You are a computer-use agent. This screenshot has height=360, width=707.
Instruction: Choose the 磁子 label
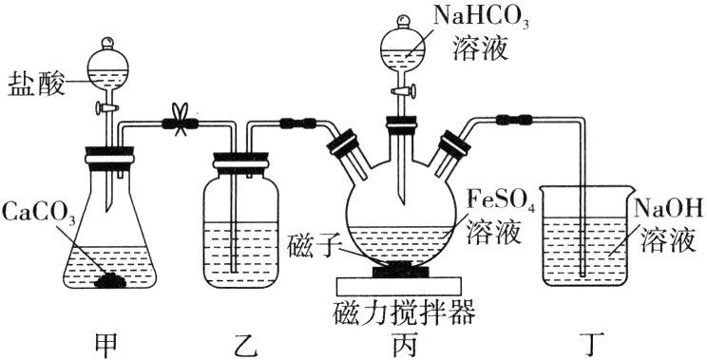pyautogui.click(x=311, y=249)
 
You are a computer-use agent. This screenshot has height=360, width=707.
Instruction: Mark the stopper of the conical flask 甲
pyautogui.click(x=110, y=152)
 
